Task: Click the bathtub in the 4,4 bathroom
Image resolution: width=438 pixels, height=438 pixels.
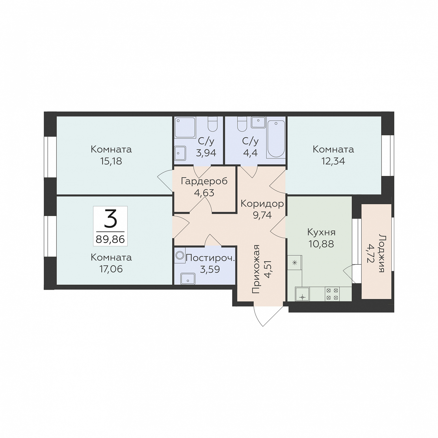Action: coord(276,139)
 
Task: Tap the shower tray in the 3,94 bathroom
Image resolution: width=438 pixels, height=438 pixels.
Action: coord(185,127)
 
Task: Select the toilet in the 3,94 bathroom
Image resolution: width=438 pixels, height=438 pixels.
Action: coord(213,124)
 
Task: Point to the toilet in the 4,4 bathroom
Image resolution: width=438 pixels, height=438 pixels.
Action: coord(242,124)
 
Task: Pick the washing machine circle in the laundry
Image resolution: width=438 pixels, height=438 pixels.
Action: coord(180,255)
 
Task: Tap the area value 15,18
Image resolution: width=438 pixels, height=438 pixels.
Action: coord(111,161)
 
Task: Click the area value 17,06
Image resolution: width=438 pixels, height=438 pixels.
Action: coord(111,269)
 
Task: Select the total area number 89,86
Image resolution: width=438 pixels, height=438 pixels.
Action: coord(110,239)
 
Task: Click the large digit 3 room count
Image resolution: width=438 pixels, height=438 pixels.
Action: coord(110,219)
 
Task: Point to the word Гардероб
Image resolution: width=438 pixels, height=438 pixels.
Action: coord(204,181)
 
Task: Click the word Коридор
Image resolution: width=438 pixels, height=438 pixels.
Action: coord(262,204)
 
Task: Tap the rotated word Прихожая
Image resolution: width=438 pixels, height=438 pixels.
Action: coord(255,269)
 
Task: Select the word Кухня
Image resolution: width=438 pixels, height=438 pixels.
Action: coord(321,232)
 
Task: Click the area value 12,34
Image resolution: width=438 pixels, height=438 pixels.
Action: coord(333,161)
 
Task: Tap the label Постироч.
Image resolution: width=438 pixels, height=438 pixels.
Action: coord(210,258)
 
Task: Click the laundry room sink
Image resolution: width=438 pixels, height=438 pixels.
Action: coord(188,279)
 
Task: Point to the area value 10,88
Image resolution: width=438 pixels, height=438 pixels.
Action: coord(321,244)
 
